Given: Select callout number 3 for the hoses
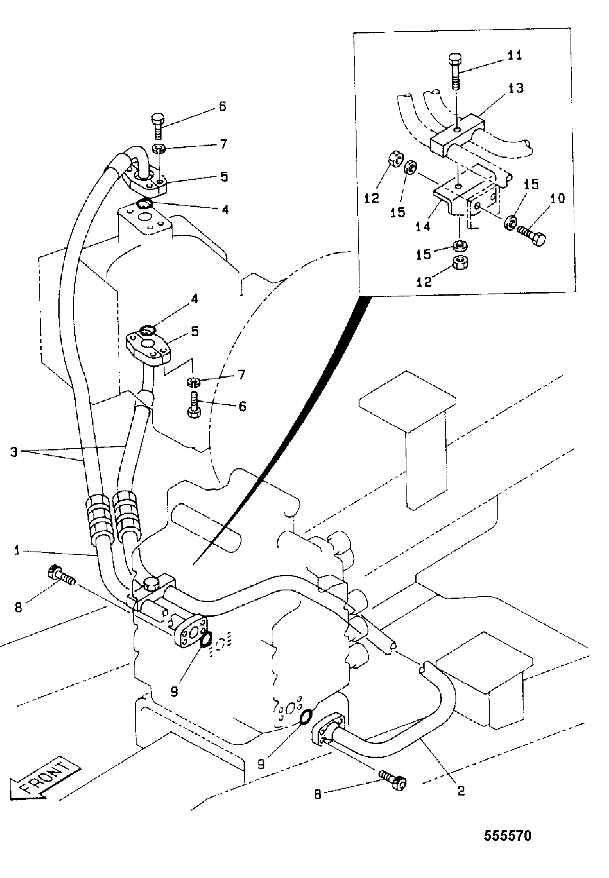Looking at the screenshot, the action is (x=14, y=452).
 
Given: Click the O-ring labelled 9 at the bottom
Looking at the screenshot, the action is (x=306, y=716).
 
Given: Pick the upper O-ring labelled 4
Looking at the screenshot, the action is (x=144, y=204).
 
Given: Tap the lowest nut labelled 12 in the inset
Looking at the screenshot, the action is (x=461, y=263).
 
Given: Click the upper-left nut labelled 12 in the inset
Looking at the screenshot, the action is (x=395, y=160).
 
